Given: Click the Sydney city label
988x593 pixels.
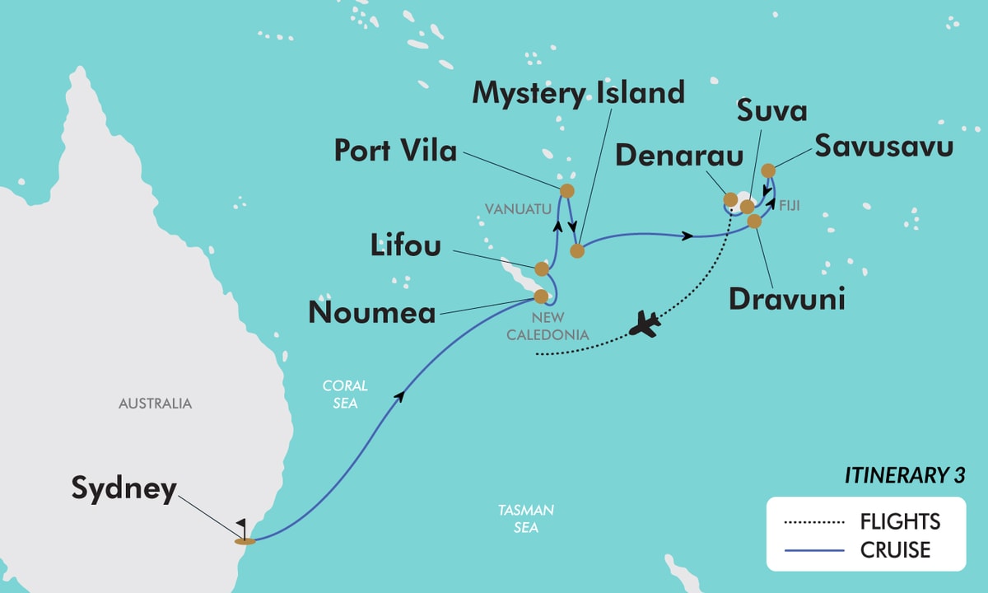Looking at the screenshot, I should tap(123, 489).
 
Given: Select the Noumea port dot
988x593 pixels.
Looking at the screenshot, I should tap(541, 296).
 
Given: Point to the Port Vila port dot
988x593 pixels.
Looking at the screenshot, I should tap(566, 191).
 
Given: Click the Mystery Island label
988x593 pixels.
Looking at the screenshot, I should tap(578, 93).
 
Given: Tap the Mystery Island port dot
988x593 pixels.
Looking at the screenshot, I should tap(577, 250).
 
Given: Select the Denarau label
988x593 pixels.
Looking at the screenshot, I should tap(672, 156).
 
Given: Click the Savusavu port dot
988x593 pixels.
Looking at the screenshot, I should tap(767, 170).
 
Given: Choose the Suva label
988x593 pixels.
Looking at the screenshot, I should tap(771, 112).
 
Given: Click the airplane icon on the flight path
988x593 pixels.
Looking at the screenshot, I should tap(645, 326).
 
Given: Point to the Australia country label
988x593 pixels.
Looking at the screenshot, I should tap(155, 404).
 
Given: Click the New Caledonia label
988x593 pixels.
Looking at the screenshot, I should tap(559, 326).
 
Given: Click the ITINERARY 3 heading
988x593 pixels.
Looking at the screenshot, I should tap(905, 476).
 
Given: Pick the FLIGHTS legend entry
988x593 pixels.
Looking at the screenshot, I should tap(900, 521).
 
